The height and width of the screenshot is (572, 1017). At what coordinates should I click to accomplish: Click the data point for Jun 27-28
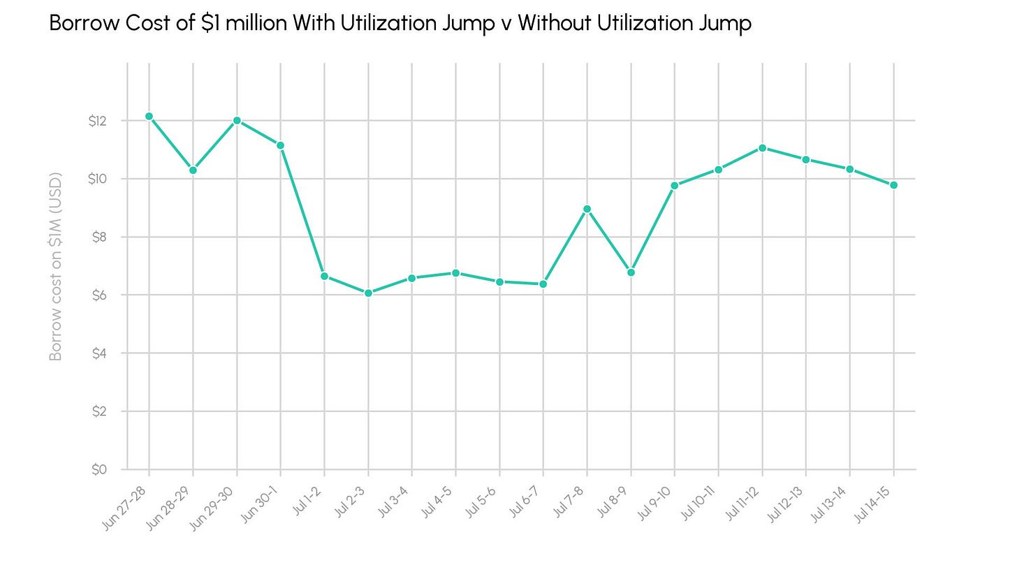pos(149,116)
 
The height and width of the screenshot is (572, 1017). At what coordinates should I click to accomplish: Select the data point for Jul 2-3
pos(368,293)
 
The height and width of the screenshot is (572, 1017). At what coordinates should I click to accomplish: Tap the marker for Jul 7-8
pos(587,209)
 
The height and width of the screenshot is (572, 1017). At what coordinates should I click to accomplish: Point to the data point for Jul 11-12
pos(762,148)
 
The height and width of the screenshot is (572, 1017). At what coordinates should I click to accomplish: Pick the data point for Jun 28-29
pos(193,170)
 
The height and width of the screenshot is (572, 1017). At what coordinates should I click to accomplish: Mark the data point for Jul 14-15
pos(893,185)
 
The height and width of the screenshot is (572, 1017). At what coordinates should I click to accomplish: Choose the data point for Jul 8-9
pos(631,272)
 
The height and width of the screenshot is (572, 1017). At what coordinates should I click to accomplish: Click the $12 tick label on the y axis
pos(98,122)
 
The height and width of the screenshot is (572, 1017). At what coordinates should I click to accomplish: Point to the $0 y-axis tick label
pos(99,469)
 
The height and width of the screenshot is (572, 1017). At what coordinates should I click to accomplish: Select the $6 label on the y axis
pos(99,295)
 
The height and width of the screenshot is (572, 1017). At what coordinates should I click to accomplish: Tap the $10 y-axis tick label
pos(98,179)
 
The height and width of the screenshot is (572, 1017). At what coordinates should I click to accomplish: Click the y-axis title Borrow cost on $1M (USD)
pos(55,267)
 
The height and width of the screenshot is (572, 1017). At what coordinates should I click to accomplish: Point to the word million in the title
pos(256,22)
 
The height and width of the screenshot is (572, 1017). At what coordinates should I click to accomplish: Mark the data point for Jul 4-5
pos(456,273)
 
